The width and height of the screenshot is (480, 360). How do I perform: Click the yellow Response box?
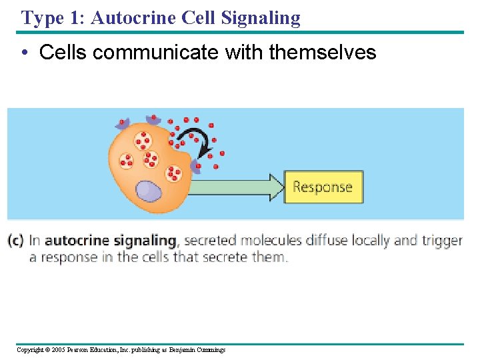(x=323, y=187)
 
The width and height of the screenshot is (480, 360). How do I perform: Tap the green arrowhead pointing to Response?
(x=275, y=187)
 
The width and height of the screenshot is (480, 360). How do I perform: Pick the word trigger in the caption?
(x=441, y=241)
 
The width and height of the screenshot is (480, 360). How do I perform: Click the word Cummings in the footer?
(x=210, y=349)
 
